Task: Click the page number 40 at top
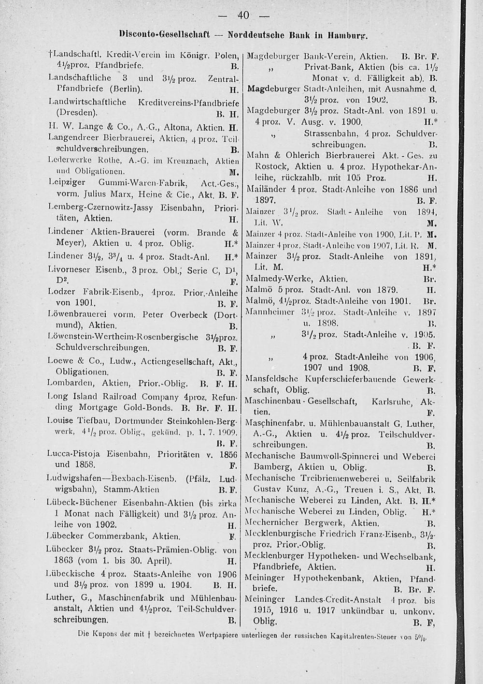point(242,15)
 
